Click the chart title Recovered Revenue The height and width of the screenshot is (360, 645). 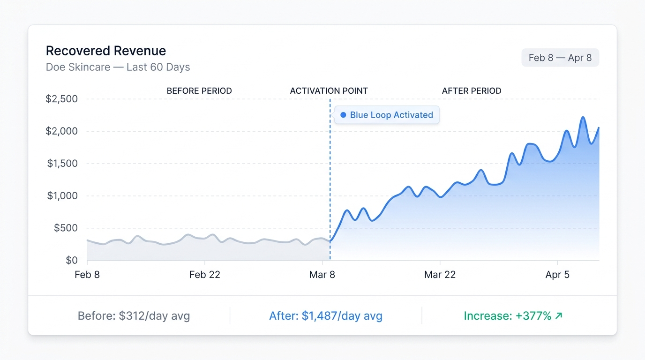click(x=105, y=51)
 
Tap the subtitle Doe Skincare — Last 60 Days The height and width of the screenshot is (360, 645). click(x=118, y=67)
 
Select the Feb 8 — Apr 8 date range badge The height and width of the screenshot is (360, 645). click(x=560, y=58)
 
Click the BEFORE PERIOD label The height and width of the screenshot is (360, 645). click(x=199, y=91)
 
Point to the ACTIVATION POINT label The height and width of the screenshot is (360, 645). click(x=329, y=91)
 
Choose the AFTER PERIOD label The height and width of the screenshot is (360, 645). click(x=472, y=91)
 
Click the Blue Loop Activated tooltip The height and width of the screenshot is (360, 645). click(x=387, y=115)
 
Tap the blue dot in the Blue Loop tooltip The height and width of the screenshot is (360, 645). click(x=343, y=115)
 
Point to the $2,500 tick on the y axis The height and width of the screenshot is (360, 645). click(x=61, y=99)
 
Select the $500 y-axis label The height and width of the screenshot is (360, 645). click(x=65, y=228)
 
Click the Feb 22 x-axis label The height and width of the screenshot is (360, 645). click(x=204, y=275)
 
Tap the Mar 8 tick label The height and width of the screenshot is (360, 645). click(x=322, y=275)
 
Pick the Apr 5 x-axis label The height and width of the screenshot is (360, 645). click(x=557, y=275)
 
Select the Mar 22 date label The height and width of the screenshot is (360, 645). click(x=440, y=275)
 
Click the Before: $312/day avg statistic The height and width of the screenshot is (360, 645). click(x=134, y=316)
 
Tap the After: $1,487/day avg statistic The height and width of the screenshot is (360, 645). click(x=326, y=316)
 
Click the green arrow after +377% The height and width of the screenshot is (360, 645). click(x=558, y=316)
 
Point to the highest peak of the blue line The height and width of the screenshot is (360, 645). click(x=583, y=117)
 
